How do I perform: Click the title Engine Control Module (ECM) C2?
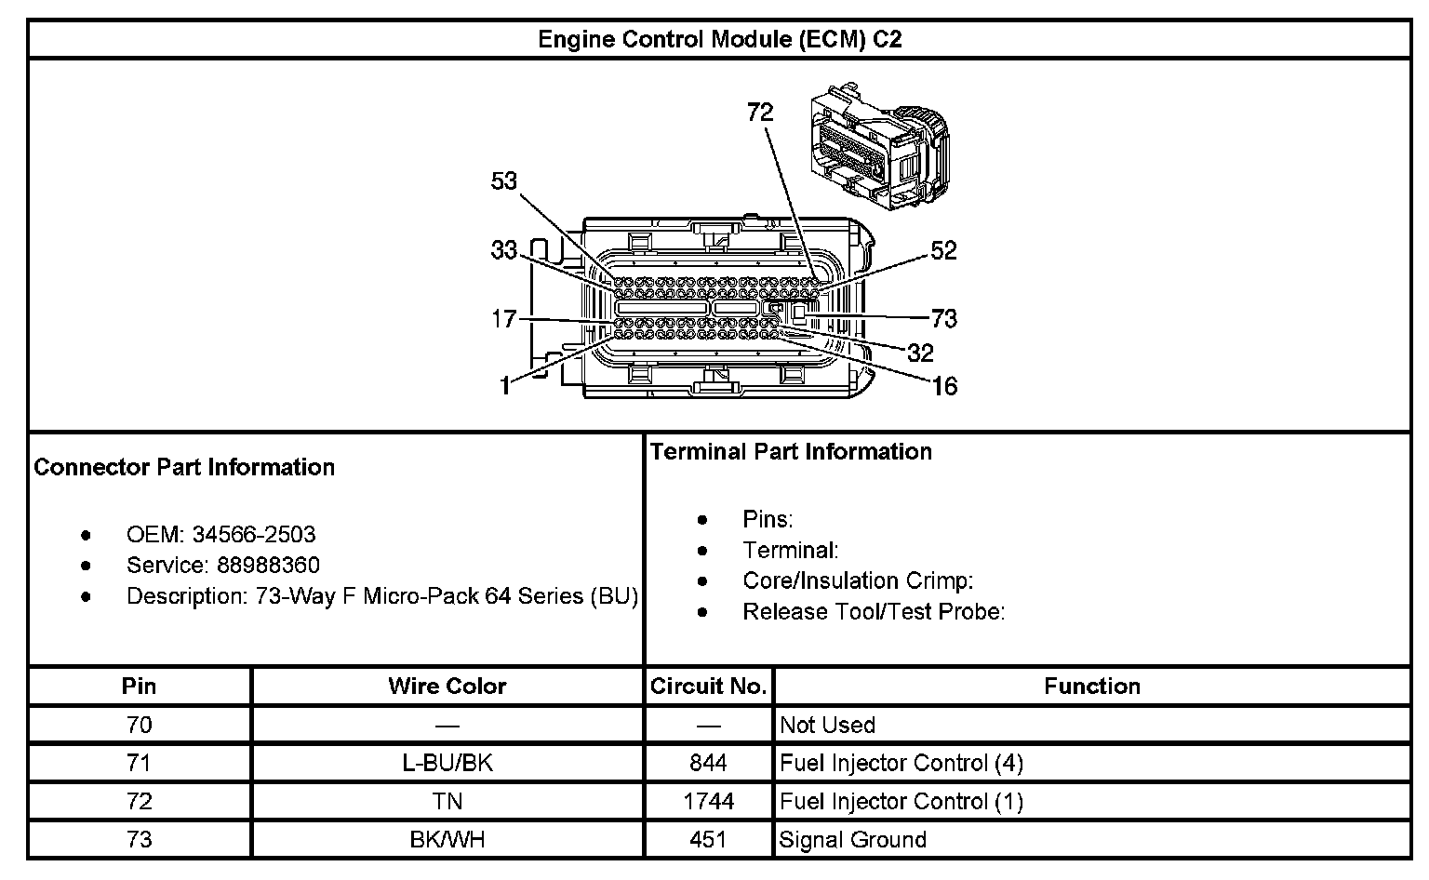719,39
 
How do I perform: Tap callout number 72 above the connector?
760,113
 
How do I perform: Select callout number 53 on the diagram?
503,180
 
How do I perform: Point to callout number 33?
503,250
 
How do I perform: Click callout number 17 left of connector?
503,319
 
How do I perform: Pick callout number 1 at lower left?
504,385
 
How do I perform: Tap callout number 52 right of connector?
943,250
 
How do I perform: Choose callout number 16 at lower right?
944,385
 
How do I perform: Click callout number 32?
920,353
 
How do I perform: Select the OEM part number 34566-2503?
253,535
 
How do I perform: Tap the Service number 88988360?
268,566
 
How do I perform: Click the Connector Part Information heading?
184,467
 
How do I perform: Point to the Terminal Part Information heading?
791,452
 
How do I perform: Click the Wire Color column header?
447,687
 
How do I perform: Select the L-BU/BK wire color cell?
447,764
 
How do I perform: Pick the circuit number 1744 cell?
708,802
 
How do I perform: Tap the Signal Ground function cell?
853,840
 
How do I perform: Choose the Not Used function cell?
827,726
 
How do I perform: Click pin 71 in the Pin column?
139,764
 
